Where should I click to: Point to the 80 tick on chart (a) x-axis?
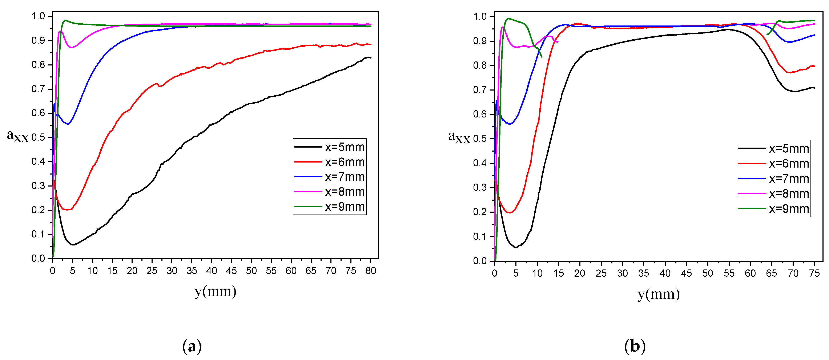370,271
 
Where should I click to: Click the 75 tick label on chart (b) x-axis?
814,273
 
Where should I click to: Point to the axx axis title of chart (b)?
459,137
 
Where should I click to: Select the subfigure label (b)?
635,347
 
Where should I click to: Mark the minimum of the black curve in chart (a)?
73,245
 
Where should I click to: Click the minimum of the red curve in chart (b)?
510,213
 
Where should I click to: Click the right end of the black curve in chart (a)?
371,58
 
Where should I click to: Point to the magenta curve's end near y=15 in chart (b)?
558,42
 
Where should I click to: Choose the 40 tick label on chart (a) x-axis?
212,271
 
